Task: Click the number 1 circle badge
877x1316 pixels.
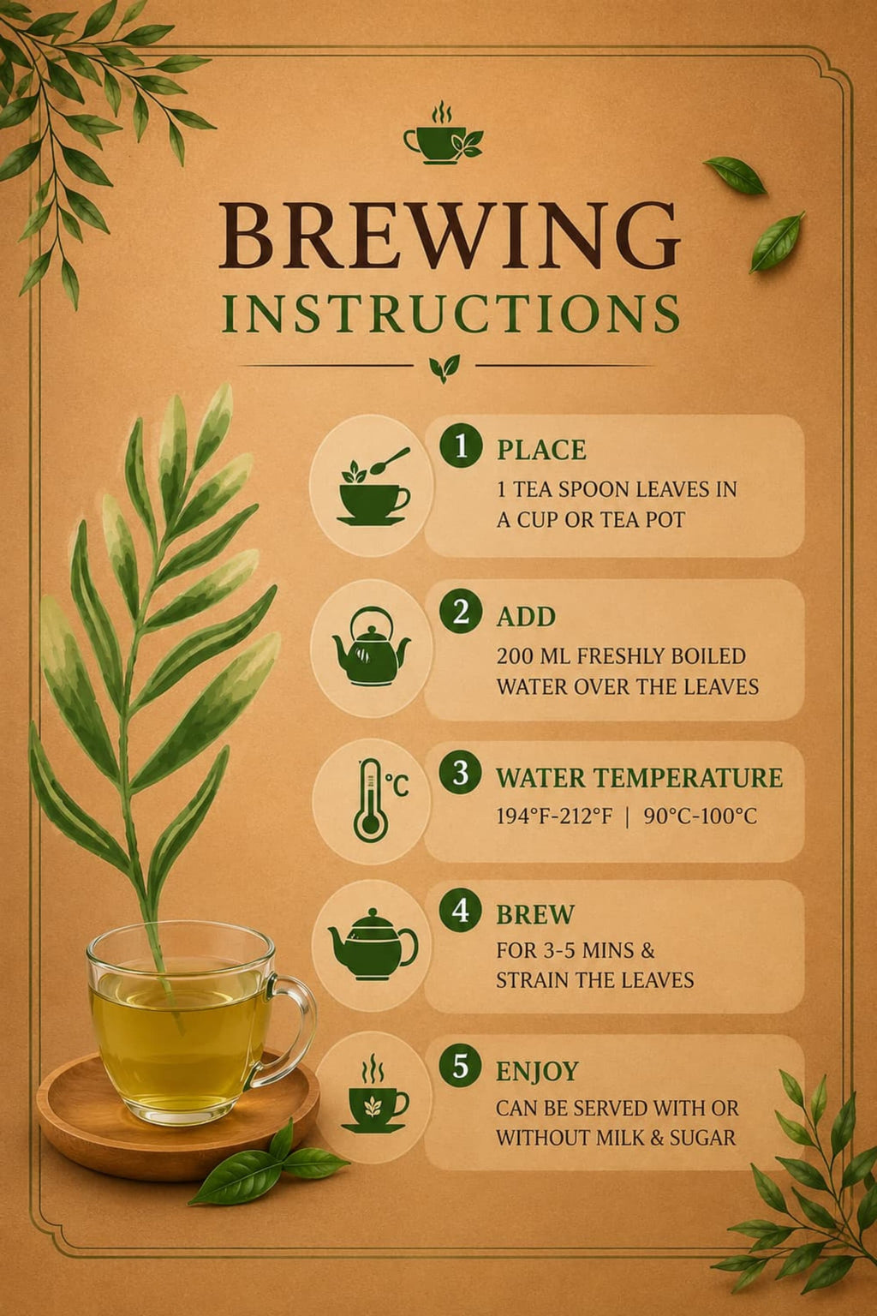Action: click(461, 446)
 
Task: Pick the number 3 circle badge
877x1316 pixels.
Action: click(461, 773)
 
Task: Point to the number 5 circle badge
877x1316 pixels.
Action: click(461, 1066)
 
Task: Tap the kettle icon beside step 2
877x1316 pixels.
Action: click(371, 646)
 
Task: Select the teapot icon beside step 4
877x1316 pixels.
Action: click(373, 945)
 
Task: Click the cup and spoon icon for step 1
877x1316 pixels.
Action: click(373, 487)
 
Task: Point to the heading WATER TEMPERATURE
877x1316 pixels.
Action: click(639, 777)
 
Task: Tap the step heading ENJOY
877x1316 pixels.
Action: click(538, 1072)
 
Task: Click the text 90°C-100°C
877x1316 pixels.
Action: click(701, 817)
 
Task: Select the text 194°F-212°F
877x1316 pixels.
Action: click(554, 817)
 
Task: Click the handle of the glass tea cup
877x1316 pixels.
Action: click(294, 1027)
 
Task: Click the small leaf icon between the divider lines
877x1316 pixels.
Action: click(444, 368)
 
